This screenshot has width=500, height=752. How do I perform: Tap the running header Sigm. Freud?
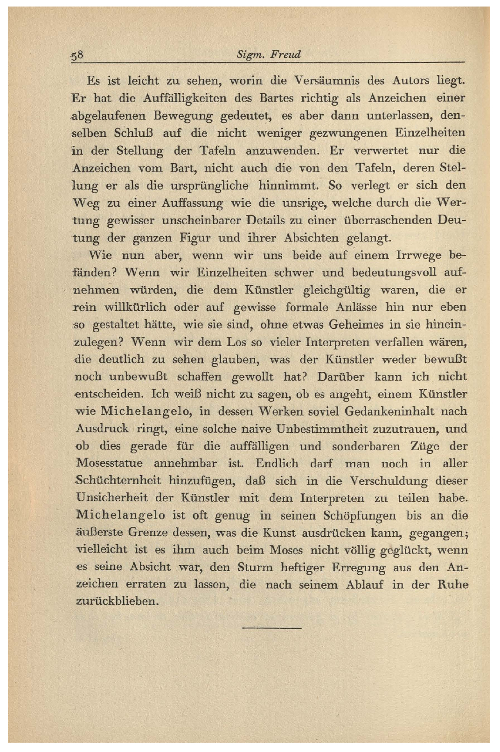click(269, 55)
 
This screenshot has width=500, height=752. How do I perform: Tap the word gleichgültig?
click(337, 290)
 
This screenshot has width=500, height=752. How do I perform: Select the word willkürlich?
click(135, 308)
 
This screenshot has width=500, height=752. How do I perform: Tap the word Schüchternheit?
click(118, 481)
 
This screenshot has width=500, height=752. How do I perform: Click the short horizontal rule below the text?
click(272, 629)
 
